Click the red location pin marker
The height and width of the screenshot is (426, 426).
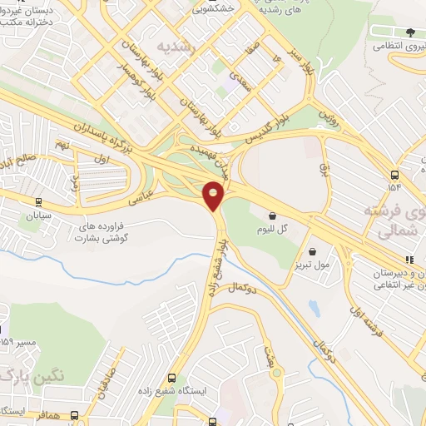coord(214,196)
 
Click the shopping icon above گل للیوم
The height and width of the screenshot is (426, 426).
coord(273,215)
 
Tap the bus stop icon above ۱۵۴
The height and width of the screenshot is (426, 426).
coord(394,176)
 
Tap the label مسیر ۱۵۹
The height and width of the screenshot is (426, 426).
coord(18,341)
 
